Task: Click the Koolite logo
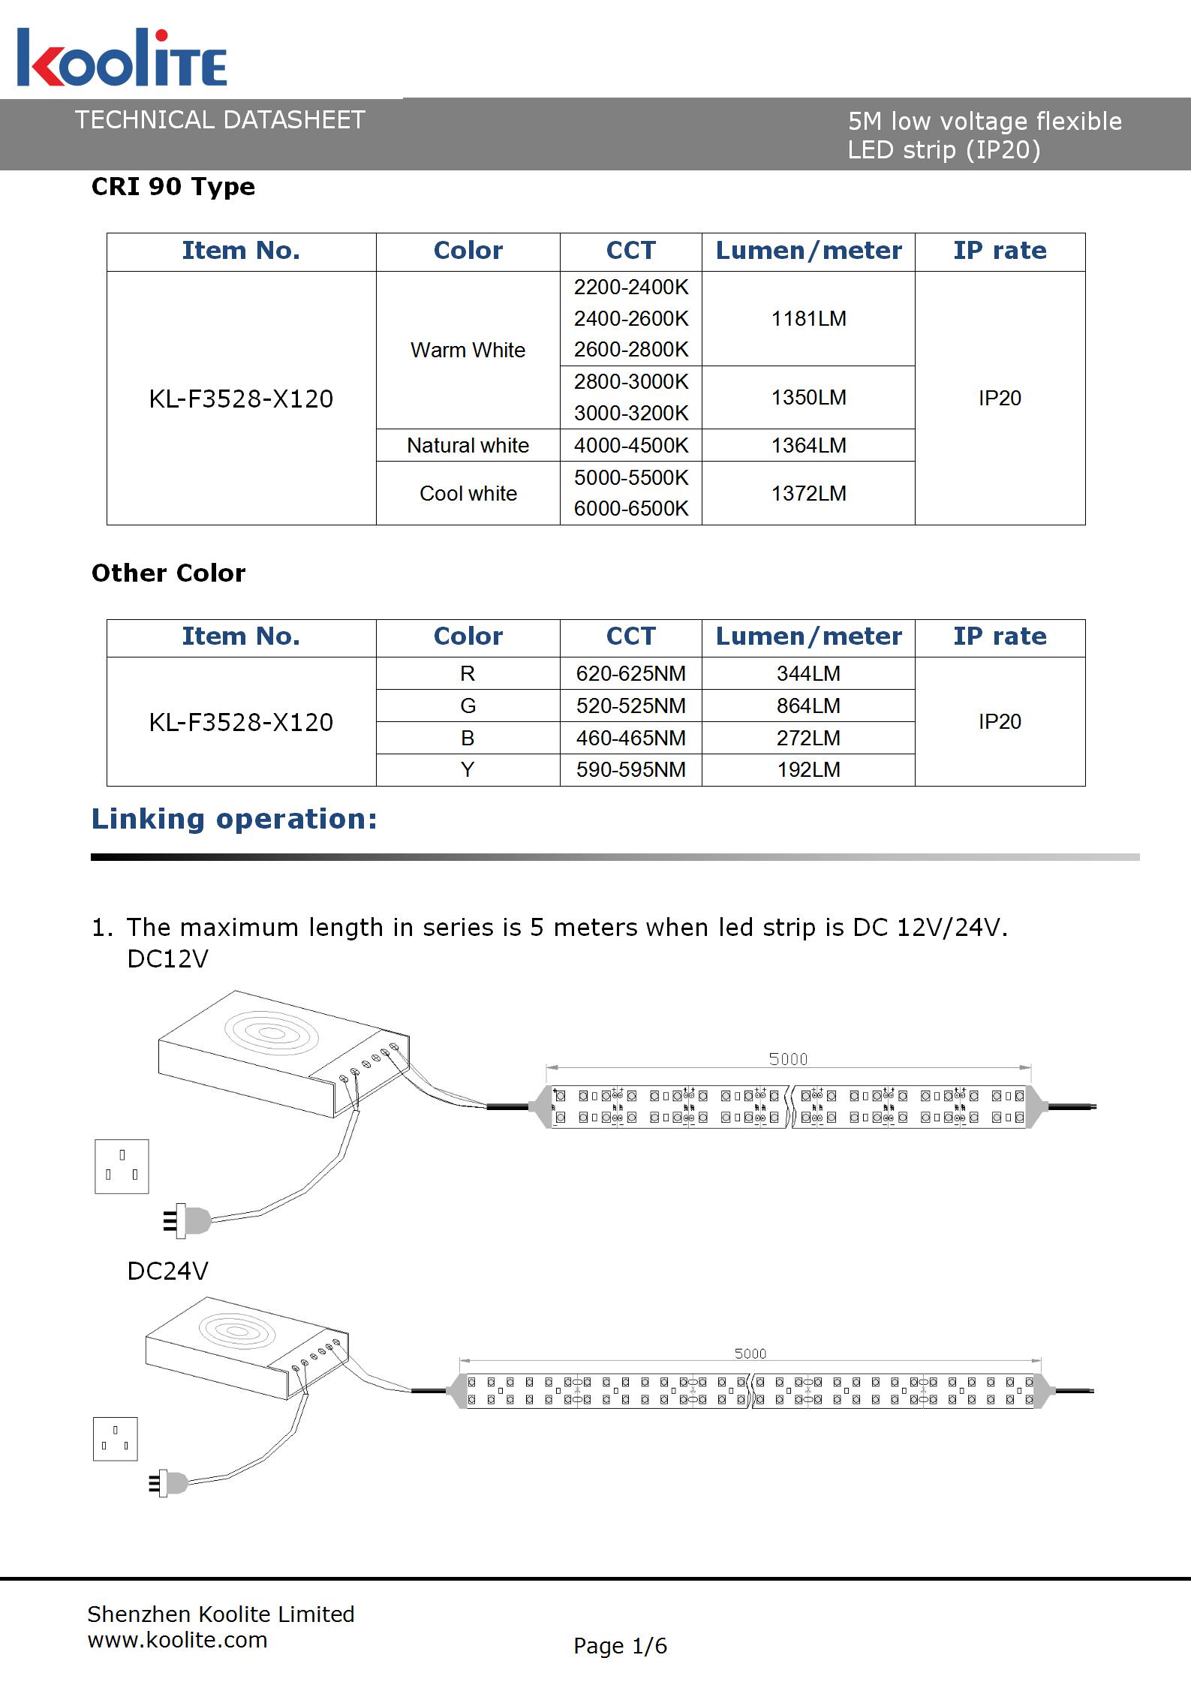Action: pyautogui.click(x=122, y=59)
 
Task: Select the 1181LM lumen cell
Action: pyautogui.click(x=808, y=319)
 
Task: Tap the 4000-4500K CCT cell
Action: pyautogui.click(x=630, y=445)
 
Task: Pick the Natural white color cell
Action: pyautogui.click(x=468, y=445)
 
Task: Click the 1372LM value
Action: pyautogui.click(x=808, y=493)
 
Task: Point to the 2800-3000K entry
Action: pyautogui.click(x=630, y=381)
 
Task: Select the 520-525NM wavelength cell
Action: pyautogui.click(x=630, y=706)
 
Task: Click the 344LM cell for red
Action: pyautogui.click(x=808, y=673)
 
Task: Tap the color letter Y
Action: pyautogui.click(x=468, y=769)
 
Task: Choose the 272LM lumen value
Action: pyautogui.click(x=808, y=738)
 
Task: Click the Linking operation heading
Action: pyautogui.click(x=234, y=819)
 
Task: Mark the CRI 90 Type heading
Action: pyautogui.click(x=173, y=186)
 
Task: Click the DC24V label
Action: pyautogui.click(x=167, y=1271)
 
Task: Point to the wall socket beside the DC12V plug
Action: pyautogui.click(x=122, y=1166)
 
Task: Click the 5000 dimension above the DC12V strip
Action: pyautogui.click(x=788, y=1059)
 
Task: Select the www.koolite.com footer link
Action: pyautogui.click(x=177, y=1639)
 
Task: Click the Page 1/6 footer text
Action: pyautogui.click(x=620, y=1645)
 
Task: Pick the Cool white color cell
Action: pyautogui.click(x=468, y=493)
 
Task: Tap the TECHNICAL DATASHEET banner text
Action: pyautogui.click(x=220, y=120)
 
